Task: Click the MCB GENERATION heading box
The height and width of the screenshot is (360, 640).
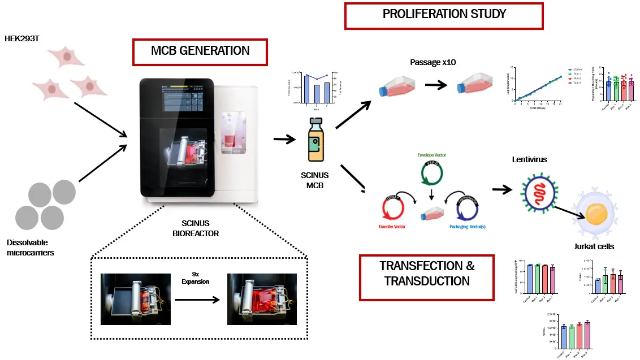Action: pyautogui.click(x=200, y=51)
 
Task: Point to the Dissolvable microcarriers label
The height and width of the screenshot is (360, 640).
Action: pyautogui.click(x=31, y=248)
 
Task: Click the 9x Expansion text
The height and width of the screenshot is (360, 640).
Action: pyautogui.click(x=195, y=276)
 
